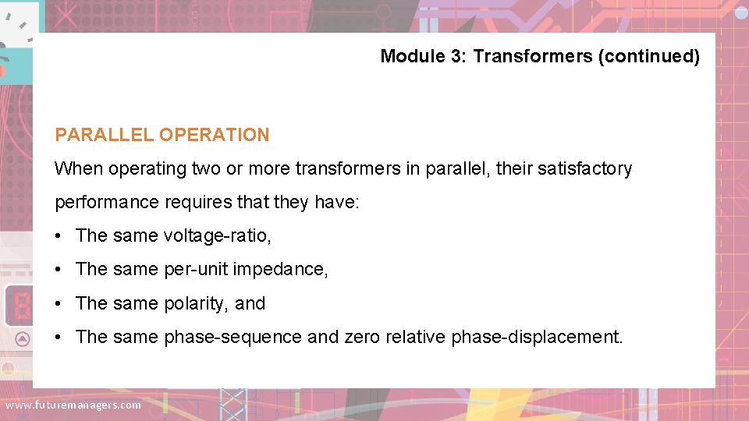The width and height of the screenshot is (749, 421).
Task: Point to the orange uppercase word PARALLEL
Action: pos(105,135)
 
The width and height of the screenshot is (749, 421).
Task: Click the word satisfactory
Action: pos(584,168)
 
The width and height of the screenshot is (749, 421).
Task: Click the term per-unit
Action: pos(195,270)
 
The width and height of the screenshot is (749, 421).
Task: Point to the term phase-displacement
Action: pos(537,337)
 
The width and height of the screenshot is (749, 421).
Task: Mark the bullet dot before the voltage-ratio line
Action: pos(60,236)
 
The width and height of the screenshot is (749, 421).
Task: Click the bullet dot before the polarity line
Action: pos(60,304)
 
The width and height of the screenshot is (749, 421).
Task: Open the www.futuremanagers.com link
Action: pos(73,405)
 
